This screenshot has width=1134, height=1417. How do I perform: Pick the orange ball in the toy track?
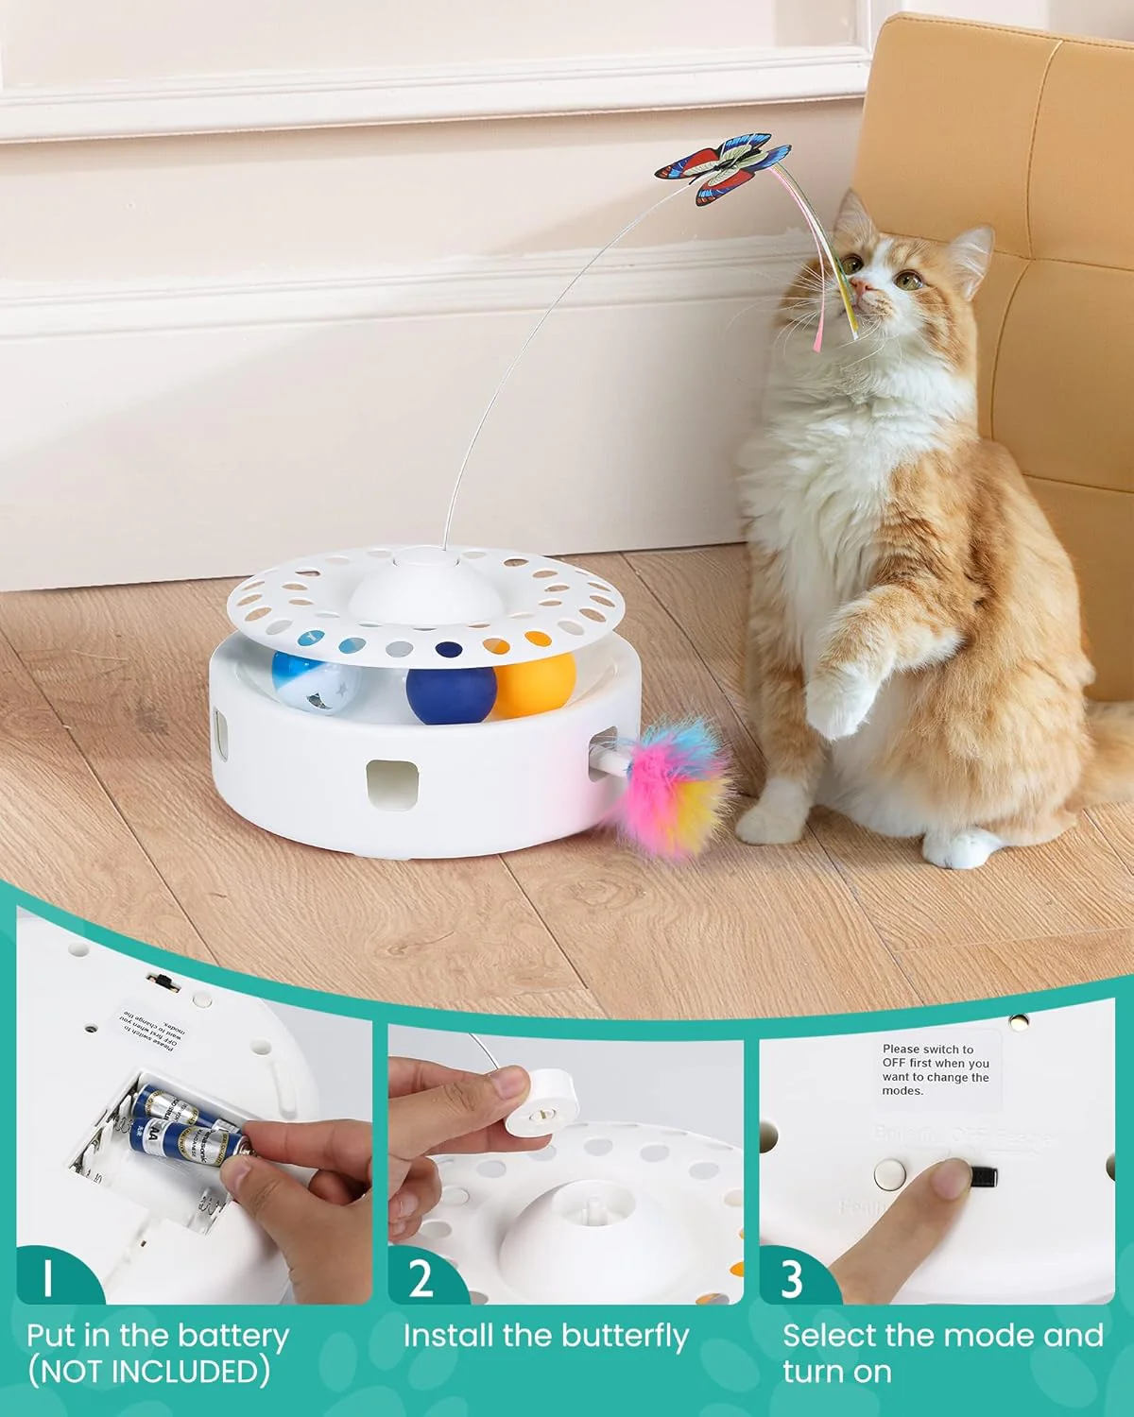pos(535,683)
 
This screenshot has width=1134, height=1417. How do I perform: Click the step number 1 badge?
pos(47,1277)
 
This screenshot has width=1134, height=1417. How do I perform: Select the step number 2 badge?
pos(421,1277)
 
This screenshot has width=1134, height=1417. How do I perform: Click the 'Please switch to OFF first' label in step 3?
pos(936,1069)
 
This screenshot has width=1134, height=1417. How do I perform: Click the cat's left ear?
pos(969,249)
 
